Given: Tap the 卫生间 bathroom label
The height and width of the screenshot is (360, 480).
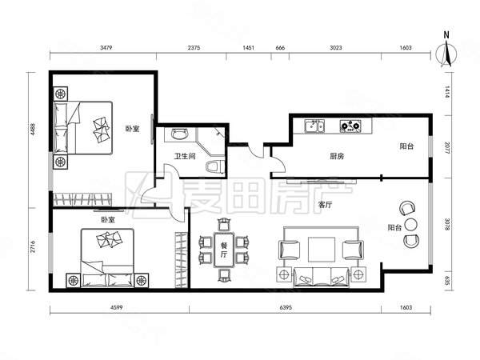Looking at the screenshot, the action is pos(185,157).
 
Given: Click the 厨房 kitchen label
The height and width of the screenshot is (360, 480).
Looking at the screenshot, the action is pos(337,157).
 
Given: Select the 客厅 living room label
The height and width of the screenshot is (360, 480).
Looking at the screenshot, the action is pos(325,205).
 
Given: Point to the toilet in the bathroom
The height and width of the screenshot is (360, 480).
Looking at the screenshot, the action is pos(215,166).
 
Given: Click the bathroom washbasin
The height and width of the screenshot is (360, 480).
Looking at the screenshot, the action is pos(180,134).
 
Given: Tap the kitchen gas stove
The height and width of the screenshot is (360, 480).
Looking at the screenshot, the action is pos(350,126).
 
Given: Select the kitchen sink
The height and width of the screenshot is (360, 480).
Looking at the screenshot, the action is pos(314,126).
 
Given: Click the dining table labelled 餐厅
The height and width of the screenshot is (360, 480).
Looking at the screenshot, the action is pos(224,250).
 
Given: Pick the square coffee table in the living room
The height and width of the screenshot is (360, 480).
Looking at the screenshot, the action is pos(322,249).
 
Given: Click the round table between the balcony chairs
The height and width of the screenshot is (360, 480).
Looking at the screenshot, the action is pos(411,225).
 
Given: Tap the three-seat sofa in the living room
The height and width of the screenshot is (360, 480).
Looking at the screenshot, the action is pos(321,277).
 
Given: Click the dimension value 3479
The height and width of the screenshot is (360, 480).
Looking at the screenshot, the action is pos(106,48).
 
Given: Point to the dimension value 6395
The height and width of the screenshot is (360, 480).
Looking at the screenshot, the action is pos(286,308).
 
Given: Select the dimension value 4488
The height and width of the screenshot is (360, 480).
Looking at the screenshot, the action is pos(33,130).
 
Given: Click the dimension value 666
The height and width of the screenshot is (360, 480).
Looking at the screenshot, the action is pos(280,48).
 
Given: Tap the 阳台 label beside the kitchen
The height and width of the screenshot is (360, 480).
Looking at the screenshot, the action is pos(407,146).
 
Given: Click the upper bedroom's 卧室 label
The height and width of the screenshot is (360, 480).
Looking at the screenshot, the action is pos(132,129).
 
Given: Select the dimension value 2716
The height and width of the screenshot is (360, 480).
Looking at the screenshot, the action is pos(33,246).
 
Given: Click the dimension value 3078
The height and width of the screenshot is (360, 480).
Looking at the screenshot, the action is pos(447,224).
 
